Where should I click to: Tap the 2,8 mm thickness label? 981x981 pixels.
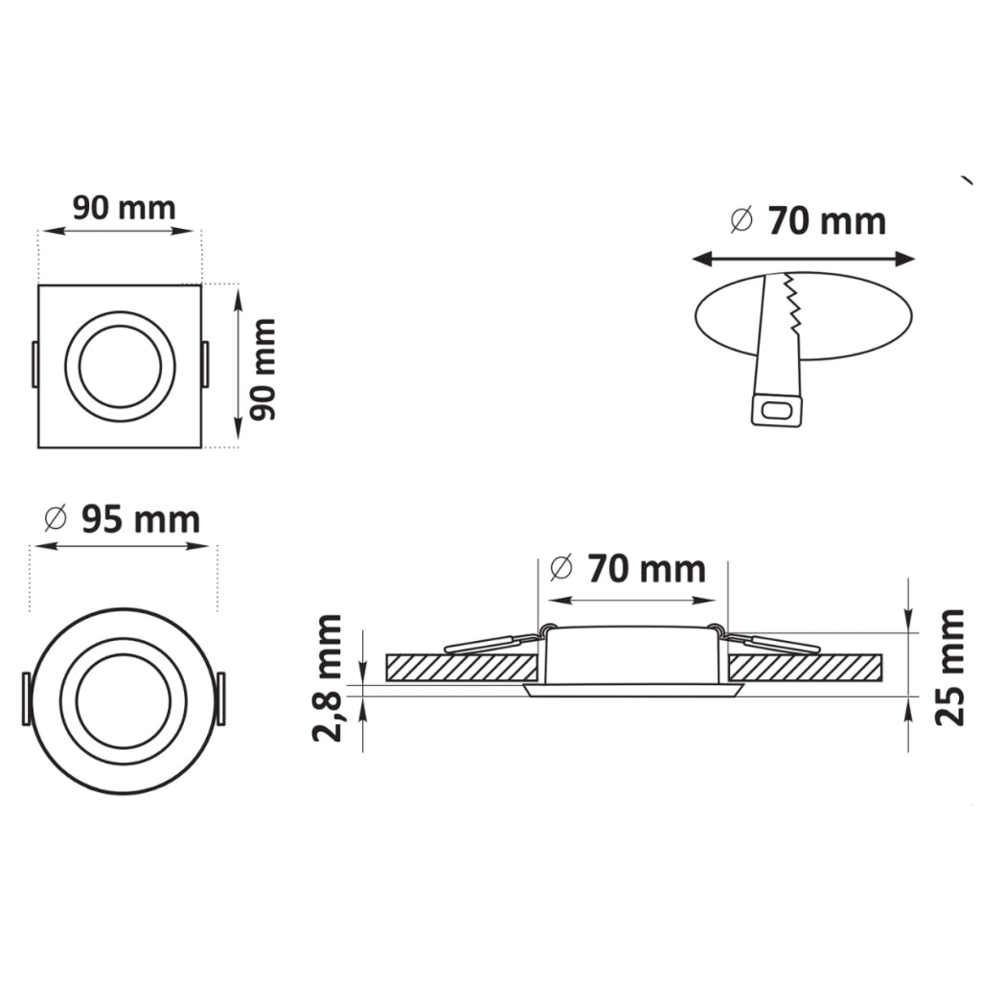(x=328, y=678)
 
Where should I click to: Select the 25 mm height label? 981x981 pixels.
(x=948, y=667)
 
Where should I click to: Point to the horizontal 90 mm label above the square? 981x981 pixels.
(x=124, y=208)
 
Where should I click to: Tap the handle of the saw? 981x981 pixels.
(x=776, y=411)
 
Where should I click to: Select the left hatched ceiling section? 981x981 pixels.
(x=462, y=668)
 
